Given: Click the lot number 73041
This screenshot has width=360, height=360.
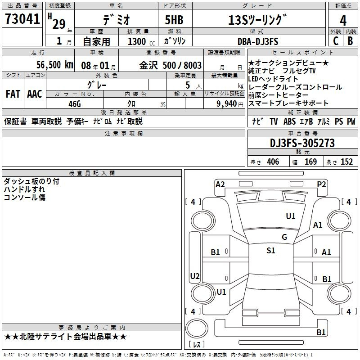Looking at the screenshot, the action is [22, 19].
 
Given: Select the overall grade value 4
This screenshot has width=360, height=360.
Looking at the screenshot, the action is [343, 21].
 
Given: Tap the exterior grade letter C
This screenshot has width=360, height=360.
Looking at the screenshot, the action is [336, 41].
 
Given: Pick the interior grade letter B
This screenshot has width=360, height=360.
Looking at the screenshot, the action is [350, 41].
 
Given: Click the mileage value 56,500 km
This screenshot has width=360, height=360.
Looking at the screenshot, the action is [55, 64].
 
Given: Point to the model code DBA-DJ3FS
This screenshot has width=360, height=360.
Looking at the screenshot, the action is [258, 41].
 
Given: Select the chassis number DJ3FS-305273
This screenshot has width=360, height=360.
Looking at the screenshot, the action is [302, 143].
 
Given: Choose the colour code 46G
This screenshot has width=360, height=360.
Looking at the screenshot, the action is [75, 104].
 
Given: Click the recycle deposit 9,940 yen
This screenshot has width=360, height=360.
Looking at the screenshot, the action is [230, 104].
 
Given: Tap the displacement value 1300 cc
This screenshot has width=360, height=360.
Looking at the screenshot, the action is [141, 41].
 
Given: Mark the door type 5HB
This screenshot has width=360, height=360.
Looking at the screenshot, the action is [174, 20].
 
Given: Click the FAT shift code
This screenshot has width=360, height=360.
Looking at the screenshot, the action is [13, 94].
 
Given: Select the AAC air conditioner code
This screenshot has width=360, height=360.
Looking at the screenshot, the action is [35, 94].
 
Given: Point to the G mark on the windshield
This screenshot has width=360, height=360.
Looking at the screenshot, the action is [284, 237].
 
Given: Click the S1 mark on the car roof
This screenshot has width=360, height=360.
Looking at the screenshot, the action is [271, 251].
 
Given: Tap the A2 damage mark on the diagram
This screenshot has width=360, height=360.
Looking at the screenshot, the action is [220, 184].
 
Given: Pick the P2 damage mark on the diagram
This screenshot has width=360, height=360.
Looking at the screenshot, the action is [321, 184].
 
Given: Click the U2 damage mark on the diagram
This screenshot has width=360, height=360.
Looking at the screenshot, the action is [195, 276].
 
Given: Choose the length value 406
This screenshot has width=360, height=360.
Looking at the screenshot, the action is [273, 162].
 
